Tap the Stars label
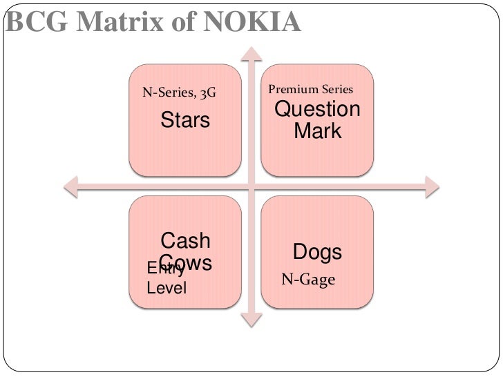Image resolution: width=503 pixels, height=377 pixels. tap(185, 121)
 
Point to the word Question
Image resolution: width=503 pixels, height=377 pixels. tap(318, 110)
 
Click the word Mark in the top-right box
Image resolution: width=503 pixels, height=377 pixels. tap(318, 130)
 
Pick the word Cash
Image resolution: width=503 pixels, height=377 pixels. tap(185, 241)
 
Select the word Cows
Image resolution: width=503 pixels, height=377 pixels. tap(187, 262)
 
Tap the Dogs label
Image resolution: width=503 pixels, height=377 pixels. tap(318, 252)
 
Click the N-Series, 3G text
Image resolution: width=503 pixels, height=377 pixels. tap(179, 92)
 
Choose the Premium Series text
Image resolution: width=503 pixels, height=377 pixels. tap(310, 89)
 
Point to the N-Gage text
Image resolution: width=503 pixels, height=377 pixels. tap(308, 280)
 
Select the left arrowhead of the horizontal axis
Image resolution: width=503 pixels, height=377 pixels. tap(69, 184)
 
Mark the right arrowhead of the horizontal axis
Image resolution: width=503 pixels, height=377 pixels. tap(433, 184)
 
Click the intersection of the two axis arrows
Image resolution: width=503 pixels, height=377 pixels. tap(251, 184)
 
